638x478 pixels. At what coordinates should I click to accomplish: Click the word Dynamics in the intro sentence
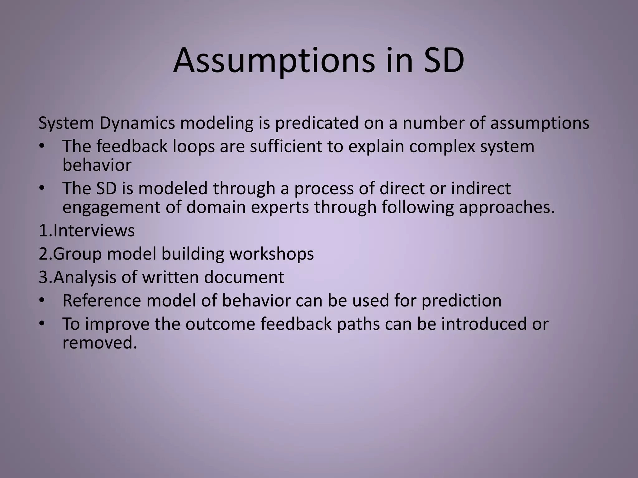[x=137, y=123]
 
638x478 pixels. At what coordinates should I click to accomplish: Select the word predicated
[x=317, y=123]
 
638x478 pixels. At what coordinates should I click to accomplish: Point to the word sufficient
[x=286, y=146]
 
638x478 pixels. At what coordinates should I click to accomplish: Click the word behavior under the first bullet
[x=97, y=165]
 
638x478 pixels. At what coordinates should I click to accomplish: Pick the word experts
[x=280, y=207]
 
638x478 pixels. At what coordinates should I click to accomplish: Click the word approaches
[x=507, y=207]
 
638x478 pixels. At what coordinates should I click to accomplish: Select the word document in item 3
[x=244, y=277]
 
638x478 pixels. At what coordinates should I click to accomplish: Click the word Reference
[x=101, y=301]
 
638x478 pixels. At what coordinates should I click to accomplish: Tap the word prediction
[x=461, y=301]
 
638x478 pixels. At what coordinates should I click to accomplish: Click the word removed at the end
[x=100, y=343]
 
